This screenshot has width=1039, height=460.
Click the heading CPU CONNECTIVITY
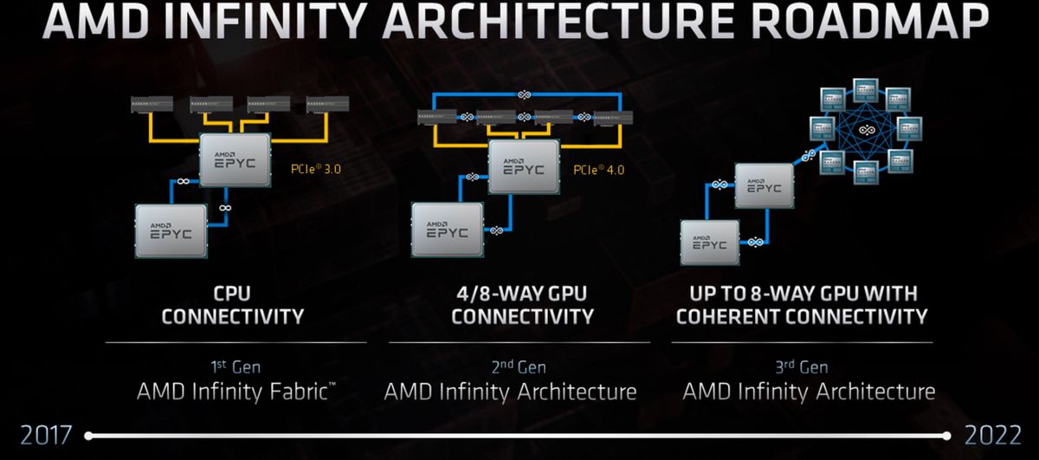233,304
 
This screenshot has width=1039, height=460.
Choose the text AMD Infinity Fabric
233,392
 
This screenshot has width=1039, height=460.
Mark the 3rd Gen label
801,366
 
